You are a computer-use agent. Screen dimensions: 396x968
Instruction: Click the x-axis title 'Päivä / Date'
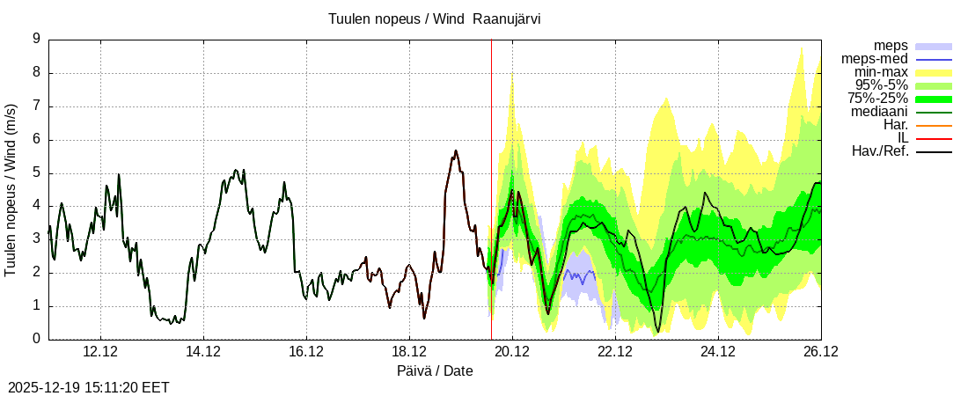coord(435,371)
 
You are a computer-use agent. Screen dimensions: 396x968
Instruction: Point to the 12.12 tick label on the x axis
coord(100,351)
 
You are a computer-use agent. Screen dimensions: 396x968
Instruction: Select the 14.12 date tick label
coord(203,351)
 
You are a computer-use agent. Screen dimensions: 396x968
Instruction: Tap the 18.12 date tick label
coord(409,351)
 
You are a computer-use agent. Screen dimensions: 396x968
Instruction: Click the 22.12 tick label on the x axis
coord(615,351)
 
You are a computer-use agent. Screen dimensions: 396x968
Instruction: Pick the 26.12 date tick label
coord(821,351)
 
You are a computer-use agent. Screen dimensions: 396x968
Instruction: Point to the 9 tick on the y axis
coord(36,39)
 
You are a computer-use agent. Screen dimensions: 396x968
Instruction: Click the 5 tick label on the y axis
coord(36,172)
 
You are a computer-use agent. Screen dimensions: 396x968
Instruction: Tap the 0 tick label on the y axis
coord(36,339)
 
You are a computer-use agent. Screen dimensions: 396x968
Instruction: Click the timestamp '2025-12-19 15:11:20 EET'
coord(89,387)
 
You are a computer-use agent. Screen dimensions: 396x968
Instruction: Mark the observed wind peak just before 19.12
coord(455,151)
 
